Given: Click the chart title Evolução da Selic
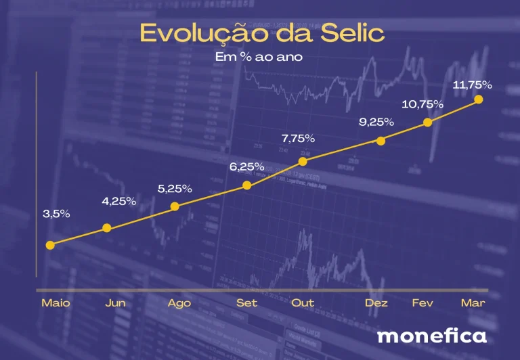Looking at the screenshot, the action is (x=262, y=33).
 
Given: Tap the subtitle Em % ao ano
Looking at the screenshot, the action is (x=259, y=57).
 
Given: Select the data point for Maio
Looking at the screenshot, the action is (x=50, y=246).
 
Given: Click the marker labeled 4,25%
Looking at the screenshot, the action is (x=107, y=228).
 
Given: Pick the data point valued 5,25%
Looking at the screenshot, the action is (x=175, y=206).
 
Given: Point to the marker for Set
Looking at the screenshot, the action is (x=246, y=185).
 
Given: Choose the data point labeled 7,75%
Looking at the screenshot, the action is (x=303, y=162).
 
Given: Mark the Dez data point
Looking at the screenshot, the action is (x=381, y=141).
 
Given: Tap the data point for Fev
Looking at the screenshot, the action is (x=428, y=122).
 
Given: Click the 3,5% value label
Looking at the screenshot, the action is (x=56, y=214).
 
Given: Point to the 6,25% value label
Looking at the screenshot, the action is (x=246, y=166).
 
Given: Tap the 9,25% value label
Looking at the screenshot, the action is (x=376, y=122).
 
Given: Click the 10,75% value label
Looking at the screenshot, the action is (x=422, y=104).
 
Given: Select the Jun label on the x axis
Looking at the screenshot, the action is (x=115, y=303).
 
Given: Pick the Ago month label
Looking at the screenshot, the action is (x=179, y=304).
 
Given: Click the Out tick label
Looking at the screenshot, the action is (x=303, y=303).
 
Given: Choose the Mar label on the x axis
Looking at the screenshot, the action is (x=473, y=303).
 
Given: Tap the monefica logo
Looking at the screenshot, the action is (x=432, y=336).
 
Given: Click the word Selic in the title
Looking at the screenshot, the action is (x=353, y=33).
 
